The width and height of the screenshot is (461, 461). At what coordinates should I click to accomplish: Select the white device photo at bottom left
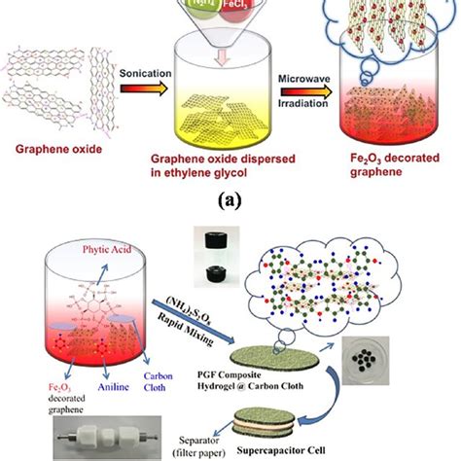point(69,434)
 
